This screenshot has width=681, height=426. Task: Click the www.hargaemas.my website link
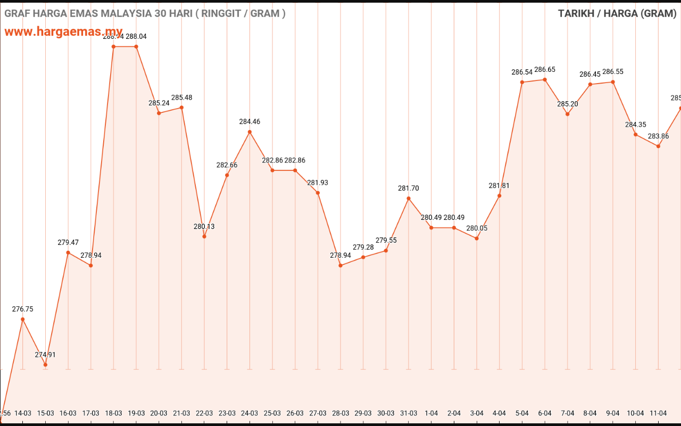pyautogui.click(x=63, y=31)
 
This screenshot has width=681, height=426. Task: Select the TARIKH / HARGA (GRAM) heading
pyautogui.click(x=617, y=13)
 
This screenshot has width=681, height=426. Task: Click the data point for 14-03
pyautogui.click(x=22, y=319)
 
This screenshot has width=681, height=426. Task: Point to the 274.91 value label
pyautogui.click(x=45, y=355)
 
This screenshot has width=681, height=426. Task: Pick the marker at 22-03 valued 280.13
pyautogui.click(x=204, y=236)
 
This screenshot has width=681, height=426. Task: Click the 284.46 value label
pyautogui.click(x=250, y=122)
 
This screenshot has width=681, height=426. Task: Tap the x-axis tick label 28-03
pyautogui.click(x=340, y=413)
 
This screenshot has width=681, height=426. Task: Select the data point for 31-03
pyautogui.click(x=409, y=199)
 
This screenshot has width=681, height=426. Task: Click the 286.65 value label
pyautogui.click(x=545, y=70)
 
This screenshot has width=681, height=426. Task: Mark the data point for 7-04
pyautogui.click(x=568, y=114)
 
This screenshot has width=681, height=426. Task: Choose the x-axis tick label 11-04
pyautogui.click(x=658, y=413)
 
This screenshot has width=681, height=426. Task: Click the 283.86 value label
pyautogui.click(x=658, y=136)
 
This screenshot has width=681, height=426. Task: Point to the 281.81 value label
pyautogui.click(x=499, y=186)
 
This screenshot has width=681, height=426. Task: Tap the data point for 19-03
pyautogui.click(x=136, y=47)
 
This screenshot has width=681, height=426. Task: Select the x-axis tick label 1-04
pyautogui.click(x=431, y=413)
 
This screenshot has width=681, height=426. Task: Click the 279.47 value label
pyautogui.click(x=68, y=243)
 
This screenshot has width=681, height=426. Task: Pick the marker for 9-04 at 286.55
pyautogui.click(x=613, y=82)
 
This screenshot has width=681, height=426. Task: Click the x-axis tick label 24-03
pyautogui.click(x=250, y=413)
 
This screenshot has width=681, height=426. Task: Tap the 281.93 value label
pyautogui.click(x=318, y=183)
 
